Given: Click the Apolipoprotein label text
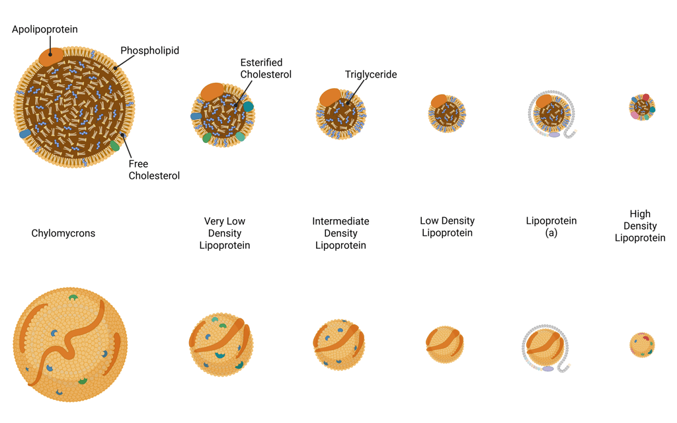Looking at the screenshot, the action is [x=45, y=29].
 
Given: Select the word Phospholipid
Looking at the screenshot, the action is [x=149, y=50].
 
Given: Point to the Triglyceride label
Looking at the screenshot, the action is [x=371, y=75].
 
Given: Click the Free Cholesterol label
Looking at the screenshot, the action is [x=154, y=169].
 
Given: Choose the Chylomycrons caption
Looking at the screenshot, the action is [x=63, y=233].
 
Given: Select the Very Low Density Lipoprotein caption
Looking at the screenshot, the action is [x=225, y=233].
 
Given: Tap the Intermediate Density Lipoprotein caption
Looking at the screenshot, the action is [x=340, y=233].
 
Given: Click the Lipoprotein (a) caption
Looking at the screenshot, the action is [x=551, y=226].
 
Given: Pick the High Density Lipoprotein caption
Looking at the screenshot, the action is [x=640, y=226].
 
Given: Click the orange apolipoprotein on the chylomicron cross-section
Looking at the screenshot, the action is [x=51, y=56].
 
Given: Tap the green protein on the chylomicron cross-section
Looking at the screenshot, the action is [x=115, y=146].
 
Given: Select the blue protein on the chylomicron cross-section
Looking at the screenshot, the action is [x=25, y=134].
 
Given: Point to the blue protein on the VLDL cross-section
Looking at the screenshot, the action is [x=196, y=117].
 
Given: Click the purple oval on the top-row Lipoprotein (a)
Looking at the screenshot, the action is [x=554, y=134].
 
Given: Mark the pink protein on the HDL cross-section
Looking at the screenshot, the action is [x=635, y=115].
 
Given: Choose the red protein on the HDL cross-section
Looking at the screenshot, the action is [x=646, y=98].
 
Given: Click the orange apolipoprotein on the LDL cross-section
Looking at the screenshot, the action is [x=439, y=101].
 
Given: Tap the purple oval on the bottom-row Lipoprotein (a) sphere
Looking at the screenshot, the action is [x=548, y=369].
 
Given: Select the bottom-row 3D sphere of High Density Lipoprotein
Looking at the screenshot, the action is [x=642, y=344].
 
